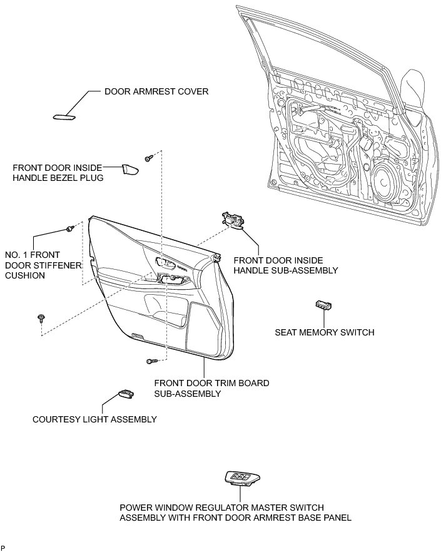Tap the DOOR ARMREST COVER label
156,91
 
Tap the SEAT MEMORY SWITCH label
325,332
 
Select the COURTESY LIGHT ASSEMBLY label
94,419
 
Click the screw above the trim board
149,158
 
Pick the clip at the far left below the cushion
41,317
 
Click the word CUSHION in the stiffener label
26,275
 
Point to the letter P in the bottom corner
3,548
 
